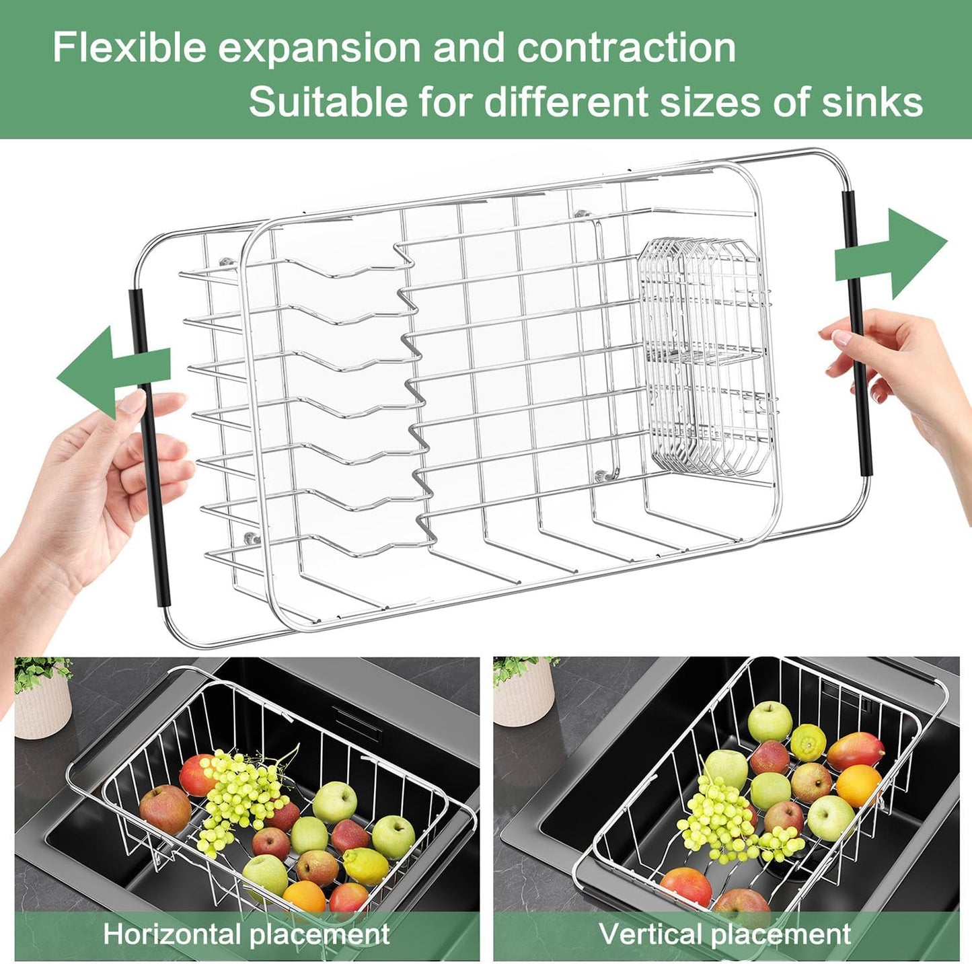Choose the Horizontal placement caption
point(246,934)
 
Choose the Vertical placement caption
point(724,934)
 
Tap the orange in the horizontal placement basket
point(304,897)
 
